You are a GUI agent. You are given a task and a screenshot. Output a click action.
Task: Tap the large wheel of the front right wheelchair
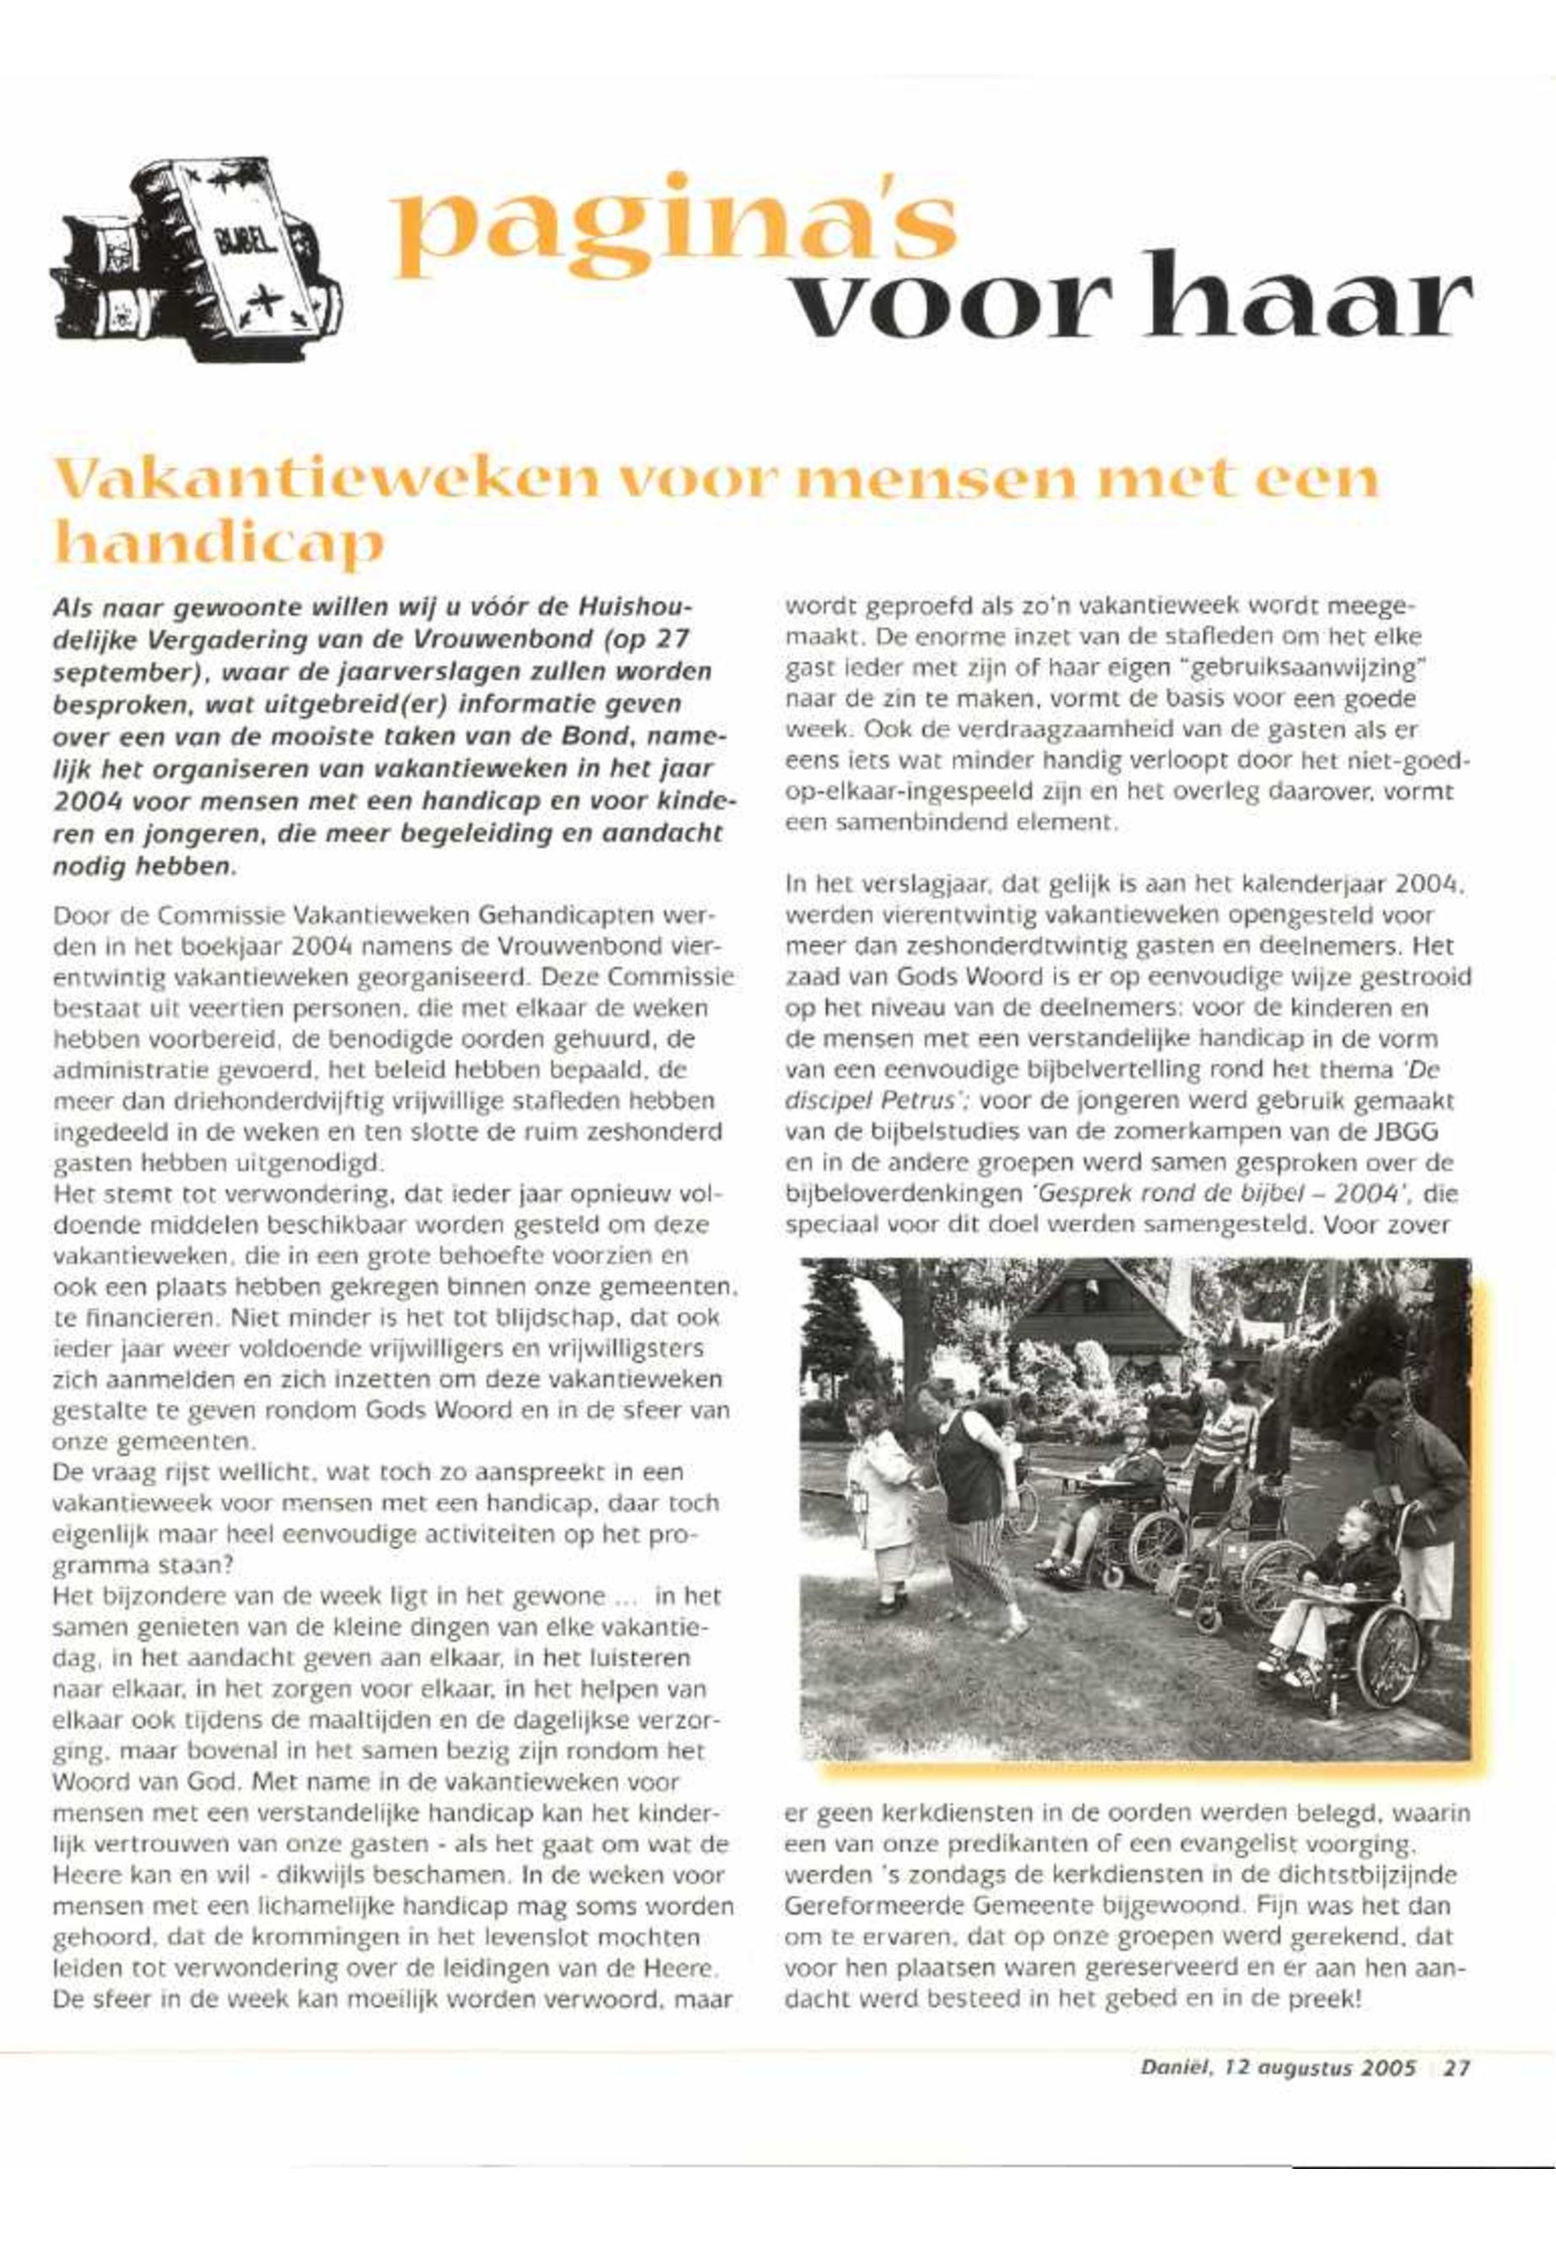coord(1386,1629)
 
